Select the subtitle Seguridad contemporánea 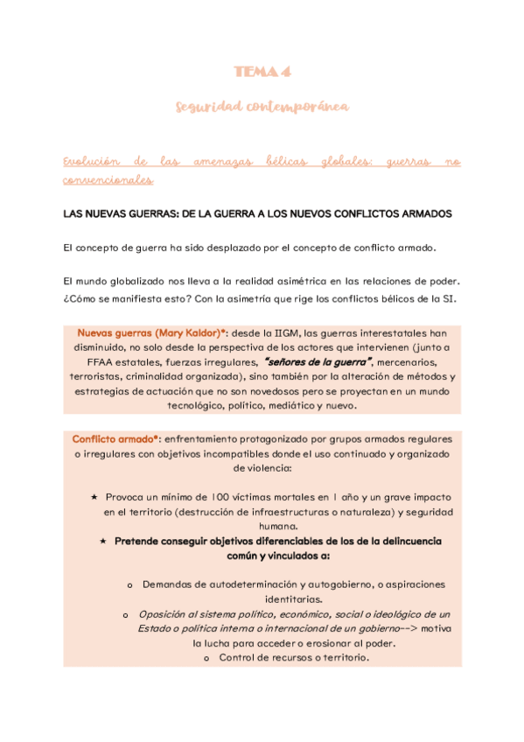click(x=262, y=107)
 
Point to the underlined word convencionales click(x=108, y=181)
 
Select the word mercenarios click(x=412, y=362)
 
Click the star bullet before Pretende click(x=103, y=542)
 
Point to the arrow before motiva click(x=418, y=628)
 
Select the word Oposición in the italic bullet click(x=165, y=614)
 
